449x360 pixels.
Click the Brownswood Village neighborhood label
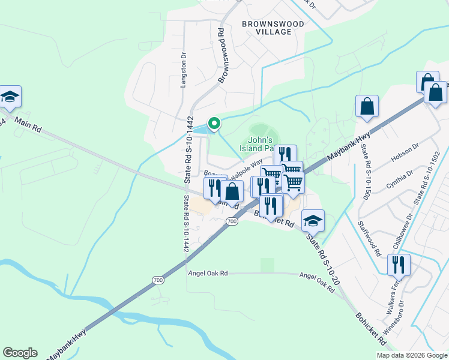click(273, 28)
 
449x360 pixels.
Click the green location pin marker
click(213, 124)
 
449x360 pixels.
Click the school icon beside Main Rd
click(10, 97)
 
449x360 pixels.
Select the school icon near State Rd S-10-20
click(313, 221)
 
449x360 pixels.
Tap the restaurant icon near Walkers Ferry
click(399, 264)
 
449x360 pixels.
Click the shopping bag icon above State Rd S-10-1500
click(367, 107)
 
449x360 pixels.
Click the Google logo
click(20, 353)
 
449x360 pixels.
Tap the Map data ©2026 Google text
click(412, 355)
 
